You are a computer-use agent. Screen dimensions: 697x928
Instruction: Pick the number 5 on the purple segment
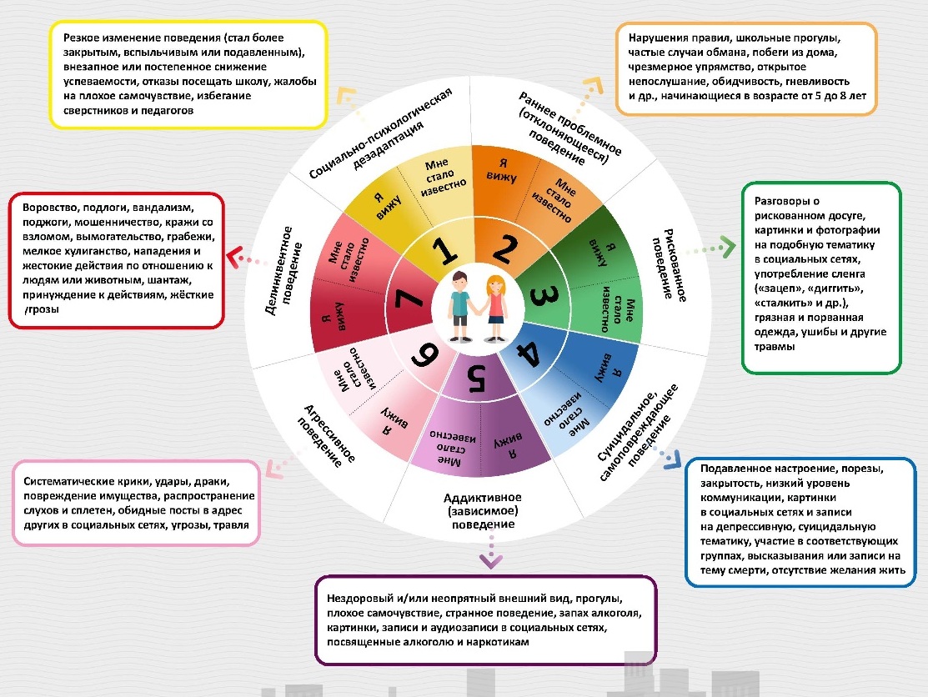(x=476, y=379)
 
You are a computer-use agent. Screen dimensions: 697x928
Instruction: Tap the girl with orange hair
(x=494, y=307)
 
